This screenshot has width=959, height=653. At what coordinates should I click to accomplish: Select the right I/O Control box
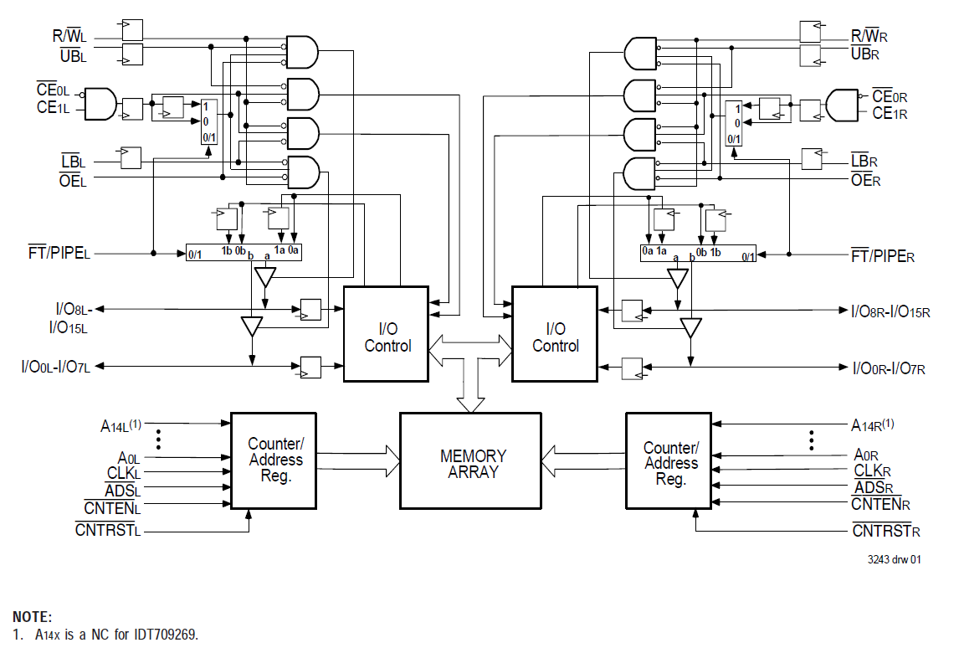555,334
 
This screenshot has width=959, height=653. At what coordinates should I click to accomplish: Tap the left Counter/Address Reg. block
274,460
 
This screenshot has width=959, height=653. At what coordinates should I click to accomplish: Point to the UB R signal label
864,54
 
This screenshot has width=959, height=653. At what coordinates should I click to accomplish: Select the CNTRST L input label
107,530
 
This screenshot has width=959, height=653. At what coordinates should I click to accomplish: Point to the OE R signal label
865,178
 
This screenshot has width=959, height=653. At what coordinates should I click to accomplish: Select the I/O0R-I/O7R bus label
888,368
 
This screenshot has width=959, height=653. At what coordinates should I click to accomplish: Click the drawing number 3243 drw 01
892,560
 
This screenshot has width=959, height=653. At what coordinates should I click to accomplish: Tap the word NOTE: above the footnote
33,617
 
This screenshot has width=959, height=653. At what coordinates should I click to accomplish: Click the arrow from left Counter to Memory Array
358,460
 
